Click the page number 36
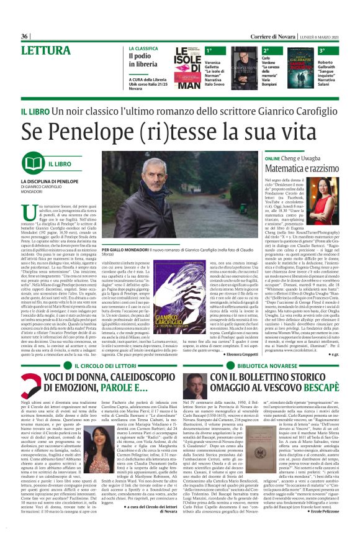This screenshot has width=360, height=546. [25, 37]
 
